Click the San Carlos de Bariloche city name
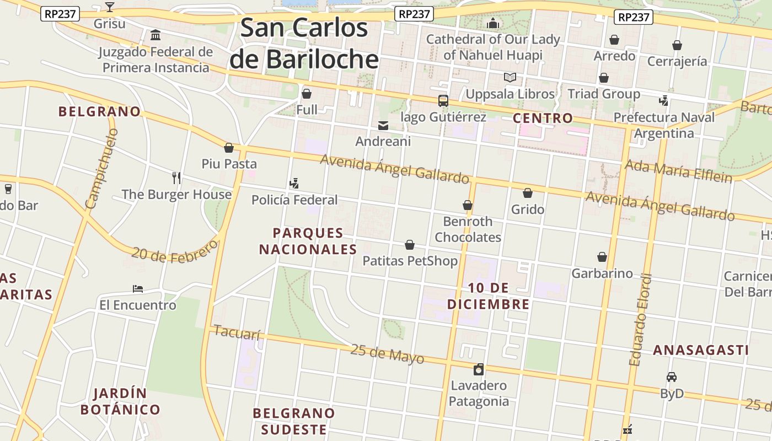tap(304, 44)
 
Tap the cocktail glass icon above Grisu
tap(110, 7)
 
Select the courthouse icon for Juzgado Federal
tap(156, 35)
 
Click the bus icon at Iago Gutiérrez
tap(443, 101)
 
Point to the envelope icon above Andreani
tap(383, 126)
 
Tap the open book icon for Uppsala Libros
tap(510, 78)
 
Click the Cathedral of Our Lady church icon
tap(493, 23)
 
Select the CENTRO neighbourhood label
tap(543, 118)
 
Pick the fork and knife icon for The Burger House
tap(176, 178)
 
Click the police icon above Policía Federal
tap(294, 183)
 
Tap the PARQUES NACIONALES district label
tap(308, 241)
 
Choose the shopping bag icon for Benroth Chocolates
tap(468, 205)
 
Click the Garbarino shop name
tap(602, 273)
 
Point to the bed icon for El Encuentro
tap(138, 289)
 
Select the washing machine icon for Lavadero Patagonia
tap(479, 369)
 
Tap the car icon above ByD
tap(671, 377)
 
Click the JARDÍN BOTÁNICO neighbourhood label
tap(120, 402)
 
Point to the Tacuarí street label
tap(236, 332)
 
